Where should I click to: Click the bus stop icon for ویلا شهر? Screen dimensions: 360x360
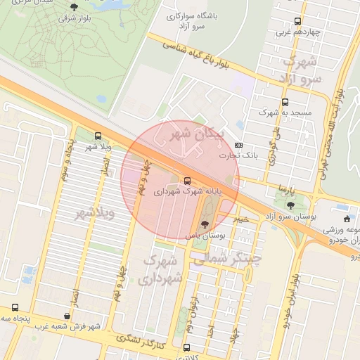97,135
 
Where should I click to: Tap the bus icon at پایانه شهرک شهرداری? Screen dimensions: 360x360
186,181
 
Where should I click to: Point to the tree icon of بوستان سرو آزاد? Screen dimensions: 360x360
290,205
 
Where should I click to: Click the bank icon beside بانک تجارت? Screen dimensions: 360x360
238,144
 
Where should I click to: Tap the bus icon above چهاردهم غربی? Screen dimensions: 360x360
297,21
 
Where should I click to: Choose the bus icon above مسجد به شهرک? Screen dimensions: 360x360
285,102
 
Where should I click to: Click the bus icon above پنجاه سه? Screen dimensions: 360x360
15,307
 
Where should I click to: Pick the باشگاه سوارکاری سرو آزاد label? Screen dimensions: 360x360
195,20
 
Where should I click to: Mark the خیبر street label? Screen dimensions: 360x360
242,219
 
